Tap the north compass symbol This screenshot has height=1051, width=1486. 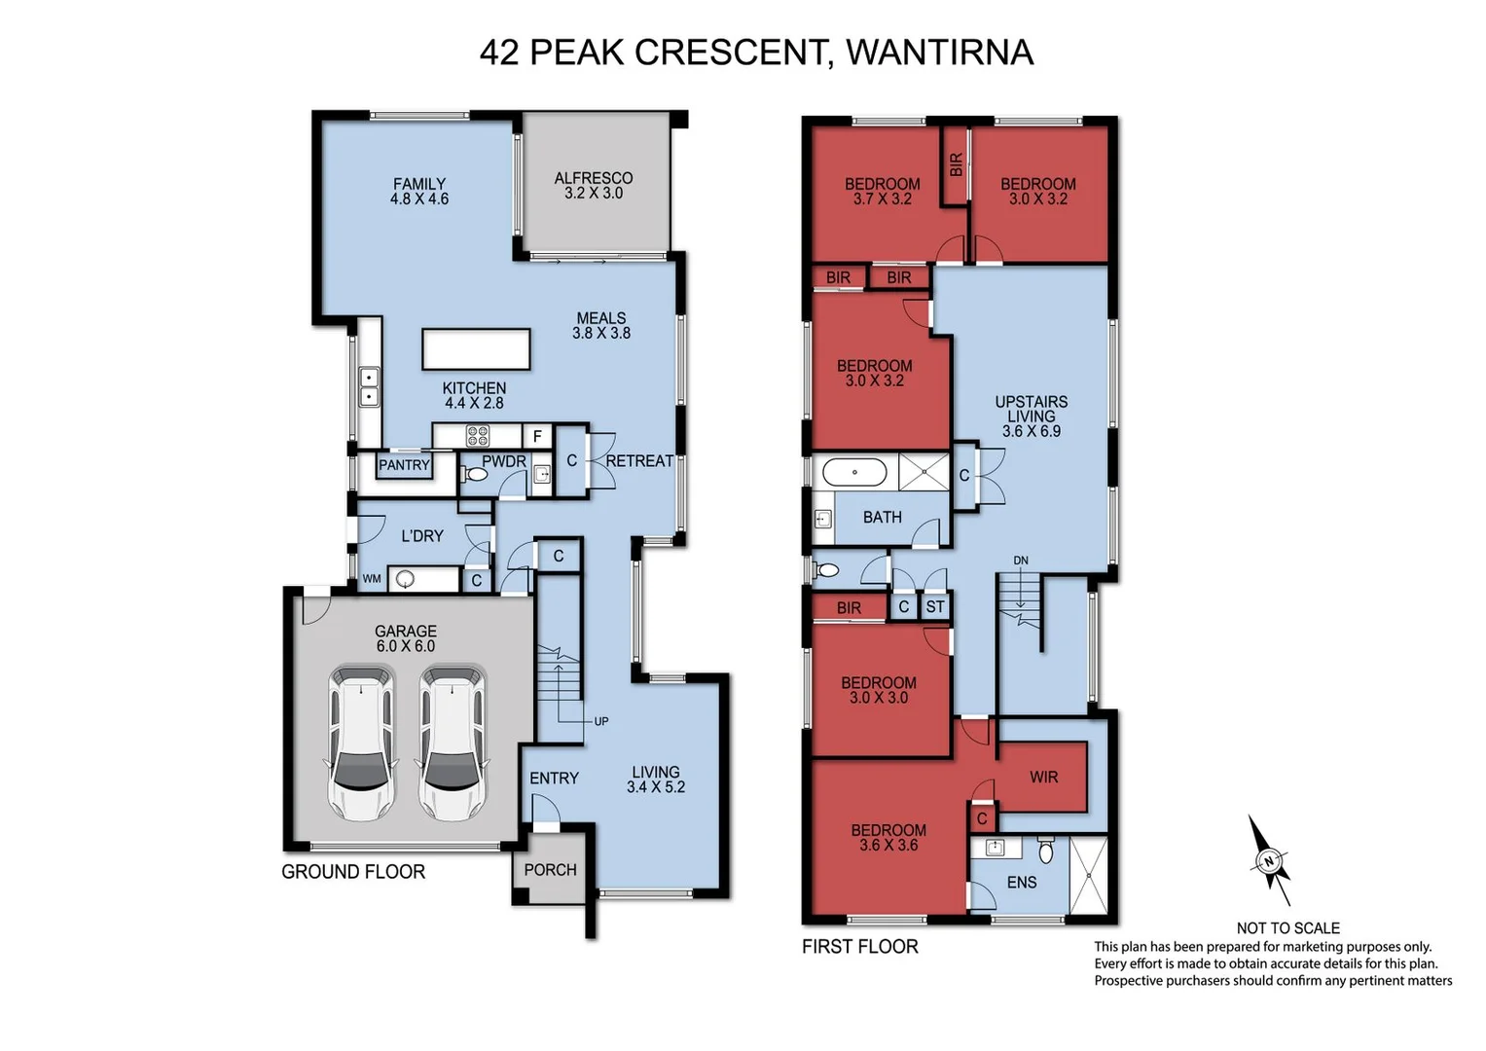(x=1269, y=860)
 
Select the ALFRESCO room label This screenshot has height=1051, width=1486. (x=593, y=178)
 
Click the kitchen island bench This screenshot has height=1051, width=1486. (x=476, y=349)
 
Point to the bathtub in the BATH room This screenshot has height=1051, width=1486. (x=854, y=473)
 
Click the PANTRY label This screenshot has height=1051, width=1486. (x=404, y=465)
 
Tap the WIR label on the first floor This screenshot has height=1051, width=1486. (x=1043, y=777)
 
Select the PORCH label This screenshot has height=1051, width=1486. (x=550, y=870)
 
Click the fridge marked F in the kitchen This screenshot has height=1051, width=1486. (x=537, y=437)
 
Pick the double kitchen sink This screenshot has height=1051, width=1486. (x=369, y=387)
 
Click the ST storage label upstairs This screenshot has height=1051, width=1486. (x=935, y=607)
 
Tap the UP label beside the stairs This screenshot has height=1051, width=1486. (x=601, y=721)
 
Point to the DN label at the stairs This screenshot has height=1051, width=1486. (x=1021, y=561)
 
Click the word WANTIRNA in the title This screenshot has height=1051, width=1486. (x=939, y=53)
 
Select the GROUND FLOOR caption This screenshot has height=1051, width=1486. (x=353, y=872)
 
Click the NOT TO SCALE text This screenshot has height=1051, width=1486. (x=1287, y=928)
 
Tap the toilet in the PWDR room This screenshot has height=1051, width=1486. (x=474, y=475)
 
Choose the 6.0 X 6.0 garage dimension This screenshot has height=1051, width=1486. (x=405, y=646)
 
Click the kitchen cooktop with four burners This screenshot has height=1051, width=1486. (x=478, y=436)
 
